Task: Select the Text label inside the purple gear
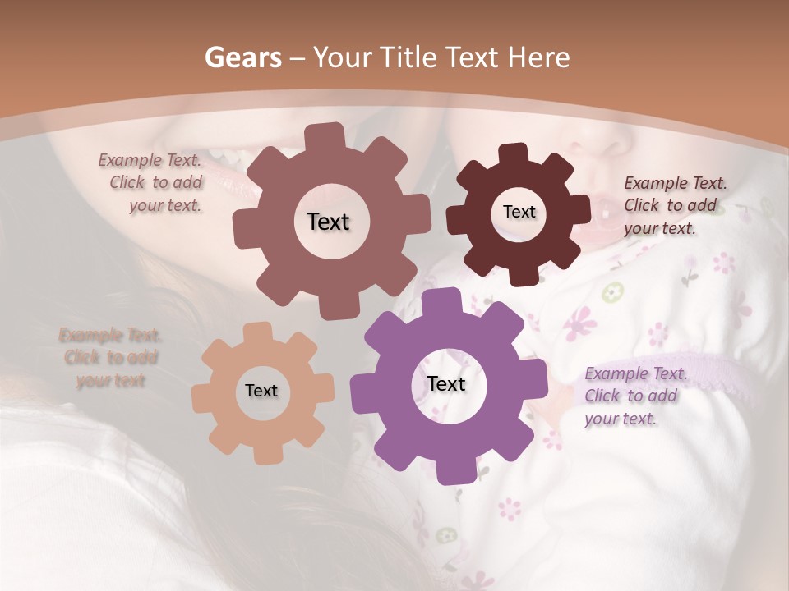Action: click(x=446, y=383)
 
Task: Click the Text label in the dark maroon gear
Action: click(x=519, y=212)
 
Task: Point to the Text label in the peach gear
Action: click(x=261, y=391)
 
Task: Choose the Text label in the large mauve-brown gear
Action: click(x=328, y=222)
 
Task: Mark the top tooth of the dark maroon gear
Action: click(x=513, y=153)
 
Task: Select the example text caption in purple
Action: click(x=635, y=396)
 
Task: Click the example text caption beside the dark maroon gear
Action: click(x=674, y=205)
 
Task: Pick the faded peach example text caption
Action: click(x=110, y=357)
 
